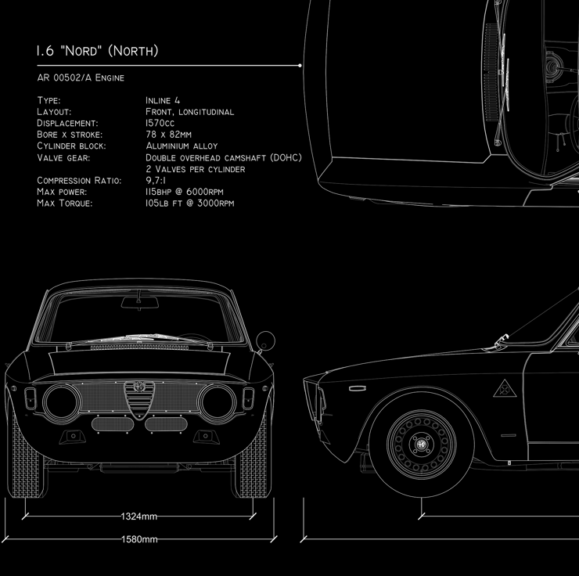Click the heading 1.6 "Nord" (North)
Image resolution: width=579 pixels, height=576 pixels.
(97, 52)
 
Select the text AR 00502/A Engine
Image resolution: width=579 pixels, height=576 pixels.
(80, 78)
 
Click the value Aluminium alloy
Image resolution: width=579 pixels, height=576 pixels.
(182, 146)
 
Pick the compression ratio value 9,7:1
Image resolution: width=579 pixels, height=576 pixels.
(159, 181)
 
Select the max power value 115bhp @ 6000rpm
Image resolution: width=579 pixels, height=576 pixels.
(185, 192)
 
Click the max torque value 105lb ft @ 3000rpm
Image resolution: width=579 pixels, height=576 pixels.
(189, 203)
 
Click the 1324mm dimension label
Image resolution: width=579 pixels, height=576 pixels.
(139, 517)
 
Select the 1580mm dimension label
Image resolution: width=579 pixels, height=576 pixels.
(139, 539)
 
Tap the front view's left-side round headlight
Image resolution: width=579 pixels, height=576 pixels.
(62, 401)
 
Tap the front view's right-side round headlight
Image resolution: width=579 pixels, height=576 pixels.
(217, 401)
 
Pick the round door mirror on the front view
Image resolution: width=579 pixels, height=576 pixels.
(266, 340)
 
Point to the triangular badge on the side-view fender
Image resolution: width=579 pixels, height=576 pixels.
(502, 387)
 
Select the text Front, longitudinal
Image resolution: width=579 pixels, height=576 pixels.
(189, 112)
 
